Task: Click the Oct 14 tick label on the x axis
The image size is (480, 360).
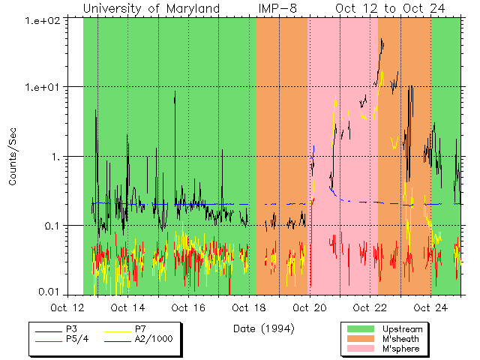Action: tap(127, 308)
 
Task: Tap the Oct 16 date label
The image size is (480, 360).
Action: tap(187, 308)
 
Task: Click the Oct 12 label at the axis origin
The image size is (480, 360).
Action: tap(67, 308)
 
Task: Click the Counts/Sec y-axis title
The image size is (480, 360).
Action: tap(13, 156)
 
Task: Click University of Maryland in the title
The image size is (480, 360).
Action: tap(151, 8)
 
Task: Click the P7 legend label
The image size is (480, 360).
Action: tap(140, 329)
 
